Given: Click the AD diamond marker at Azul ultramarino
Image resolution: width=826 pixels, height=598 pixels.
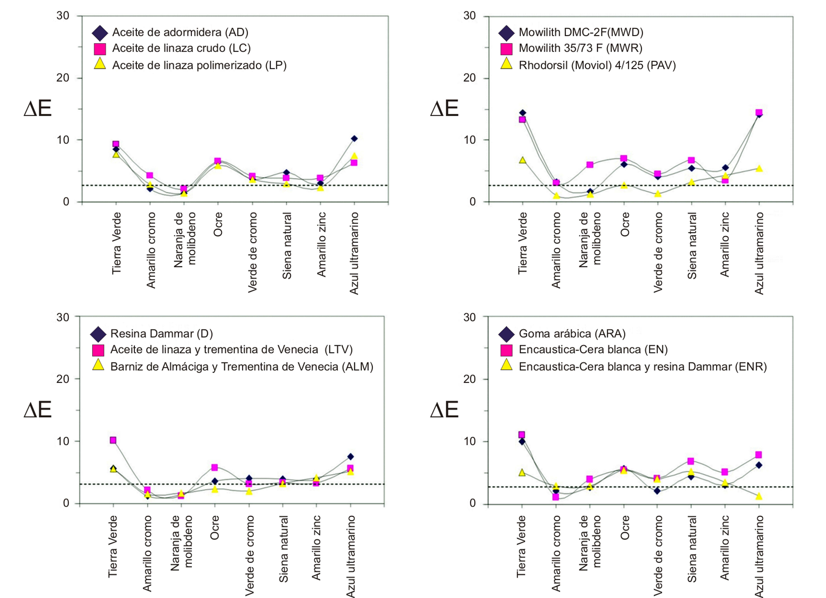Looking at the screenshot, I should point(354,139).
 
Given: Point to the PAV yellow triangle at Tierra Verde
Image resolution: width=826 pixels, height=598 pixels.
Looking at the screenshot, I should point(522,160).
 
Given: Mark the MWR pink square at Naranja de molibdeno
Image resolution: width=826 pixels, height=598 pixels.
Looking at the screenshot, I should point(590,165).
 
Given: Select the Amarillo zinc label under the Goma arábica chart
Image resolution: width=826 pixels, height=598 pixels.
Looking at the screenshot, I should point(724,547).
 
